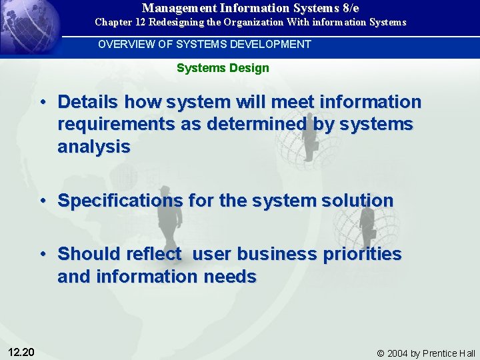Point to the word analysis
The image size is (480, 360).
(x=94, y=147)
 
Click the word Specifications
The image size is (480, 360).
(x=120, y=201)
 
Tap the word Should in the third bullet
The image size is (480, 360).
(x=86, y=254)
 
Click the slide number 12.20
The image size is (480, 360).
(x=22, y=352)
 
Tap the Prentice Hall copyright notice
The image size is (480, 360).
(x=426, y=353)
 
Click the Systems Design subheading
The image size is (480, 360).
(x=223, y=68)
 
